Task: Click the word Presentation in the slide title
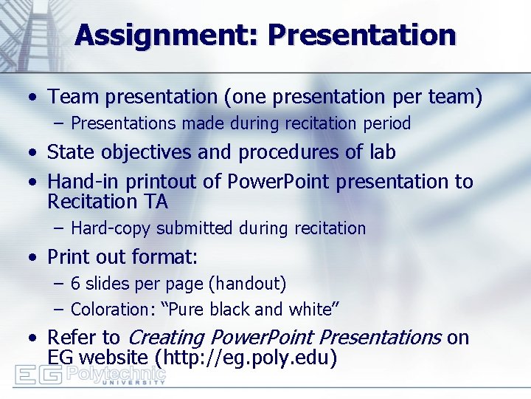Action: (x=361, y=35)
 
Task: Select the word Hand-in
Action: (x=76, y=181)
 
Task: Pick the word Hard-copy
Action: (x=108, y=228)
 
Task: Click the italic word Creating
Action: (x=165, y=338)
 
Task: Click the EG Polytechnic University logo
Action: (x=90, y=375)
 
